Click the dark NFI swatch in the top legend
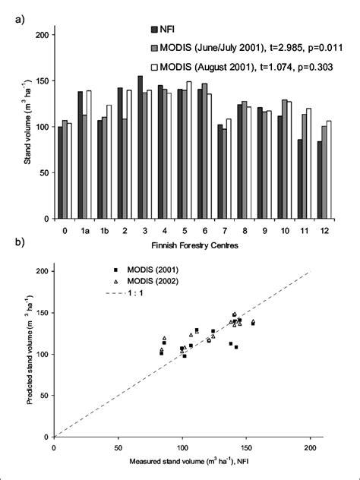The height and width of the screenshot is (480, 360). click(x=155, y=30)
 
